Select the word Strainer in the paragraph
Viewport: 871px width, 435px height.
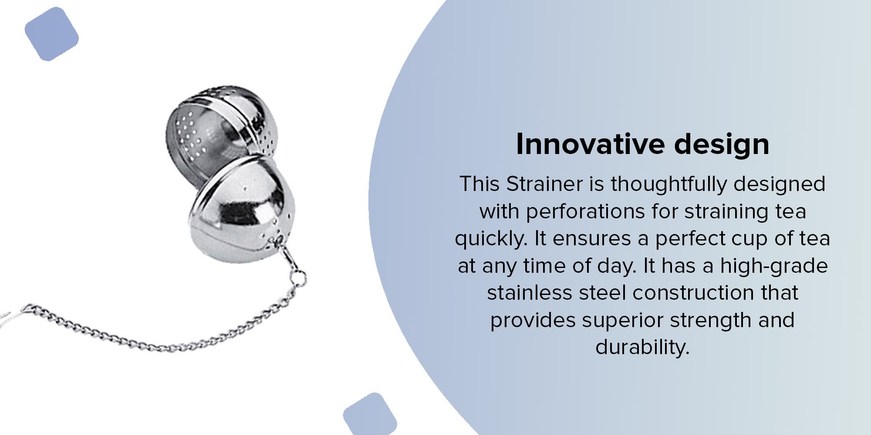[x=544, y=184]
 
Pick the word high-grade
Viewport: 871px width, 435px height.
[x=774, y=266]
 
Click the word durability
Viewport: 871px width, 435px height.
[x=642, y=348]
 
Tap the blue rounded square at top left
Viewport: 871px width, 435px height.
[x=51, y=34]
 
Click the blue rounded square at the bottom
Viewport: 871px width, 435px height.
[x=370, y=414]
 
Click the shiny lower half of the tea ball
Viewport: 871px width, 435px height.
[x=242, y=209]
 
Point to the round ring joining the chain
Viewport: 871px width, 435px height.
[x=299, y=277]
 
